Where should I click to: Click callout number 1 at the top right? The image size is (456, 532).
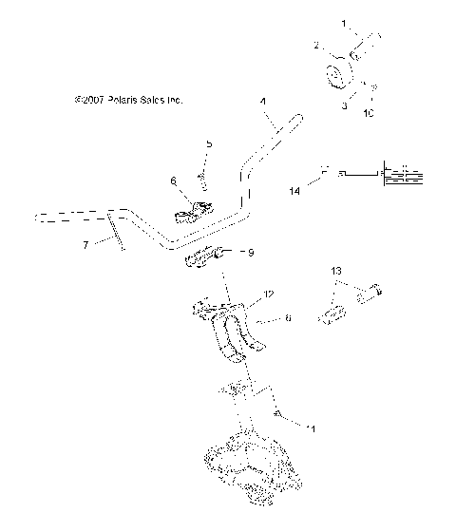pyautogui.click(x=345, y=21)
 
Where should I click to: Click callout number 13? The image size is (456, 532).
pyautogui.click(x=335, y=272)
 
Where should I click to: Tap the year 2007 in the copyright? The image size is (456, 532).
pyautogui.click(x=90, y=99)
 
